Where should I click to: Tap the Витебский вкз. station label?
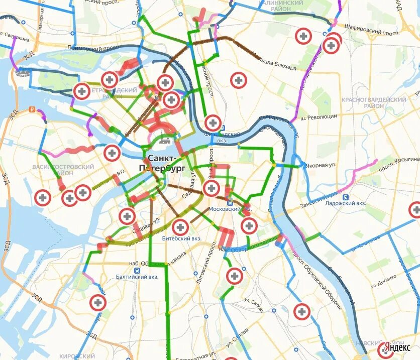coord(181,238)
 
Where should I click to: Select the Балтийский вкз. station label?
coord(137,277)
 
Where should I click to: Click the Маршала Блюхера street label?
coord(274,61)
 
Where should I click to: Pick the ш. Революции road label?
coord(319,116)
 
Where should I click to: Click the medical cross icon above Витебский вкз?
coord(180,227)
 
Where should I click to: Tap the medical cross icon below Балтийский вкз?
coord(98,302)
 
